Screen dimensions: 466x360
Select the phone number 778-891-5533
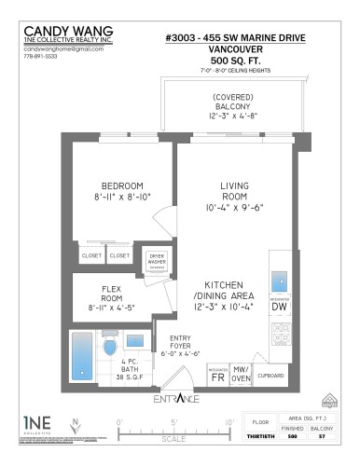click(x=39, y=57)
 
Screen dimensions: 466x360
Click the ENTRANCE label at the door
click(x=177, y=400)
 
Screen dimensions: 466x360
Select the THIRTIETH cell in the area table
click(x=264, y=435)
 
